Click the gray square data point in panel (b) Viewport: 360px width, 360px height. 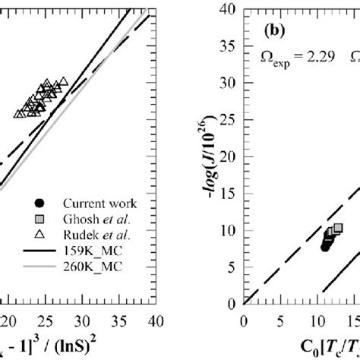[x=338, y=228]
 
